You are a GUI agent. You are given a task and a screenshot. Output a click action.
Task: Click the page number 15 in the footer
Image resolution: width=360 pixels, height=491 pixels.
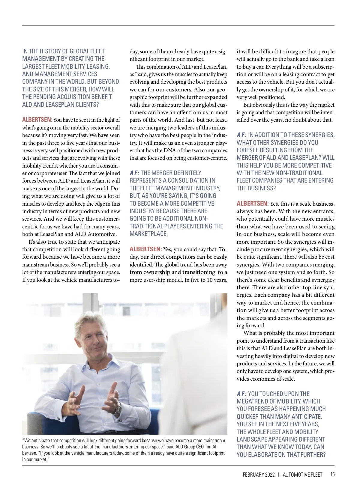pyautogui.click(x=332, y=475)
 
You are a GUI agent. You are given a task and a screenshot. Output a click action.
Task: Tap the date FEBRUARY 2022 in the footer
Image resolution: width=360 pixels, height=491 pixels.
pyautogui.click(x=259, y=475)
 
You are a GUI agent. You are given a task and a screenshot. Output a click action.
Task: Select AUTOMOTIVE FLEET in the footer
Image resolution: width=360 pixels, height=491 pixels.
pyautogui.click(x=302, y=475)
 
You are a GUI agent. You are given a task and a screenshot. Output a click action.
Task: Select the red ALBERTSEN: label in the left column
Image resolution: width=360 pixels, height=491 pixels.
pyautogui.click(x=37, y=120)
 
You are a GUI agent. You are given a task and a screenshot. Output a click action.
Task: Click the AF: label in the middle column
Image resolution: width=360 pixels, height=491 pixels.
pyautogui.click(x=134, y=173)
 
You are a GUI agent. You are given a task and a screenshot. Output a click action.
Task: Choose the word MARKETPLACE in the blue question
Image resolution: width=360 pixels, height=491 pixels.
pyautogui.click(x=148, y=234)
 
